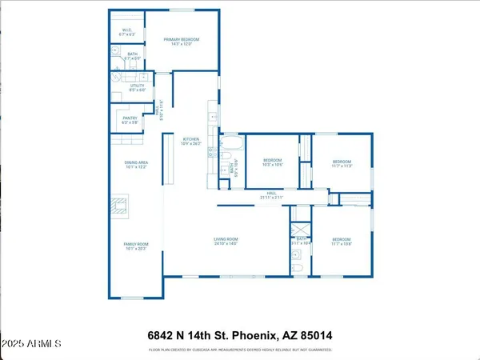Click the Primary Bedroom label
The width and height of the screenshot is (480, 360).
[x=181, y=42]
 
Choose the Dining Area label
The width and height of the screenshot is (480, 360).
[x=136, y=165]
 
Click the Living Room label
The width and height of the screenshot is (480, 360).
[x=226, y=242]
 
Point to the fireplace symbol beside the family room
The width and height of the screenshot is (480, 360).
[x=118, y=207]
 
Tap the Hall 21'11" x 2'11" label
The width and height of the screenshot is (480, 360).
[x=271, y=195]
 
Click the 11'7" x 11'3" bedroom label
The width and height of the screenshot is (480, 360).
[x=342, y=163]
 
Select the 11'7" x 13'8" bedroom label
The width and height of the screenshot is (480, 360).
[x=342, y=242]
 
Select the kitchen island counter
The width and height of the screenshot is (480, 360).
[x=169, y=162]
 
